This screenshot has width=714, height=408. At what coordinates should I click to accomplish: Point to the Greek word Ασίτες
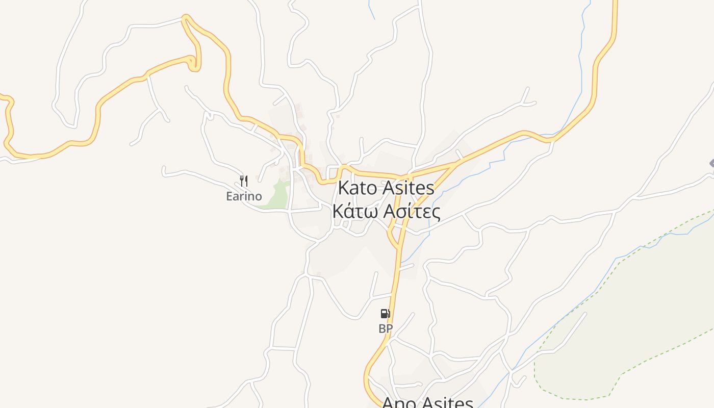coord(411,211)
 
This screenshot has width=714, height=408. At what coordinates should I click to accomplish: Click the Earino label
coord(244,196)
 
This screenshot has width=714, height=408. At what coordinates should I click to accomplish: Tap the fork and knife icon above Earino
coord(244,181)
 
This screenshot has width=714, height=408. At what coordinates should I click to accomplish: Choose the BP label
coord(386,329)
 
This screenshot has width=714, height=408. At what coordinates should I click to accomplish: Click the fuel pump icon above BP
coord(386,314)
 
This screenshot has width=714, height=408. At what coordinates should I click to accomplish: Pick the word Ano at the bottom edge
coord(397,403)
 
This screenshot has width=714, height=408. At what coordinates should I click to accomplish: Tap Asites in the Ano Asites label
coord(446,403)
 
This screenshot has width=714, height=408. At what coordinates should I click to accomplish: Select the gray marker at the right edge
coord(711,163)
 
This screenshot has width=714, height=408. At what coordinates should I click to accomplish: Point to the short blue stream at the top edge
coord(371,10)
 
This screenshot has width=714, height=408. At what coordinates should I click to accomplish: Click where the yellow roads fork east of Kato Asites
coord(455,164)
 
